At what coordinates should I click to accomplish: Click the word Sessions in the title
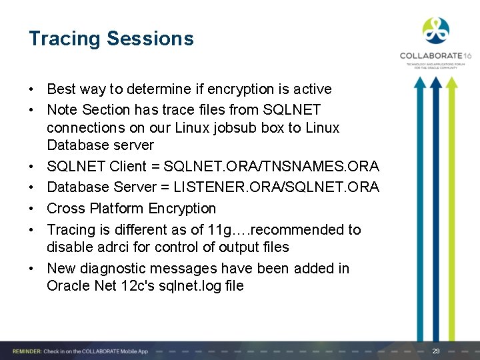151,39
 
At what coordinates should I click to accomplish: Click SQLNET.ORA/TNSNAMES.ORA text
271,166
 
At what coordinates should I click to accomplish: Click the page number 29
436,351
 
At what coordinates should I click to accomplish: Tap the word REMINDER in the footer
24,351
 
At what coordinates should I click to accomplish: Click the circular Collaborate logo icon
436,31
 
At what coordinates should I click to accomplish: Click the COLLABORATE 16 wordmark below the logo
435,56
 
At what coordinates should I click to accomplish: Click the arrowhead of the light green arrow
453,83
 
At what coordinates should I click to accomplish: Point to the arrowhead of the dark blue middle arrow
436,83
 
